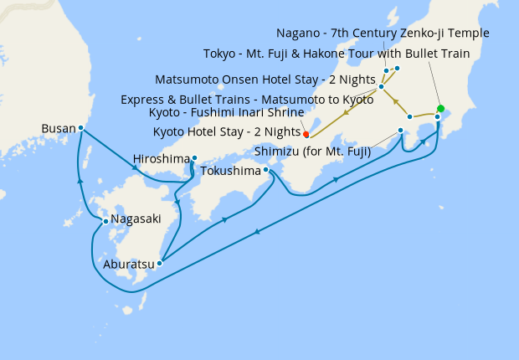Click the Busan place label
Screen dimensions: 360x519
58,129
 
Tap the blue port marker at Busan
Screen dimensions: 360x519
81,128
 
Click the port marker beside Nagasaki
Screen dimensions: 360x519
105,221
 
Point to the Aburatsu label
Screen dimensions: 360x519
128,264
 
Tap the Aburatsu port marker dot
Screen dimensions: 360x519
159,263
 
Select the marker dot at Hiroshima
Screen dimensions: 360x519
193,157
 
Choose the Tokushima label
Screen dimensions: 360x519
231,171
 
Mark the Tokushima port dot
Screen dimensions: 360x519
265,170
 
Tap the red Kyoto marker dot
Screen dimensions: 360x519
306,134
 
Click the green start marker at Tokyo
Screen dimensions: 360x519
440,108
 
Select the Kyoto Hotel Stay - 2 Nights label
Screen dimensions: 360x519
227,132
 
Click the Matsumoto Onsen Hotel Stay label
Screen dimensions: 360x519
265,80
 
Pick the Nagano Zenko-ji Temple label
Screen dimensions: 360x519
394,33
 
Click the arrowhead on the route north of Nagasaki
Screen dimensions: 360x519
80,179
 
